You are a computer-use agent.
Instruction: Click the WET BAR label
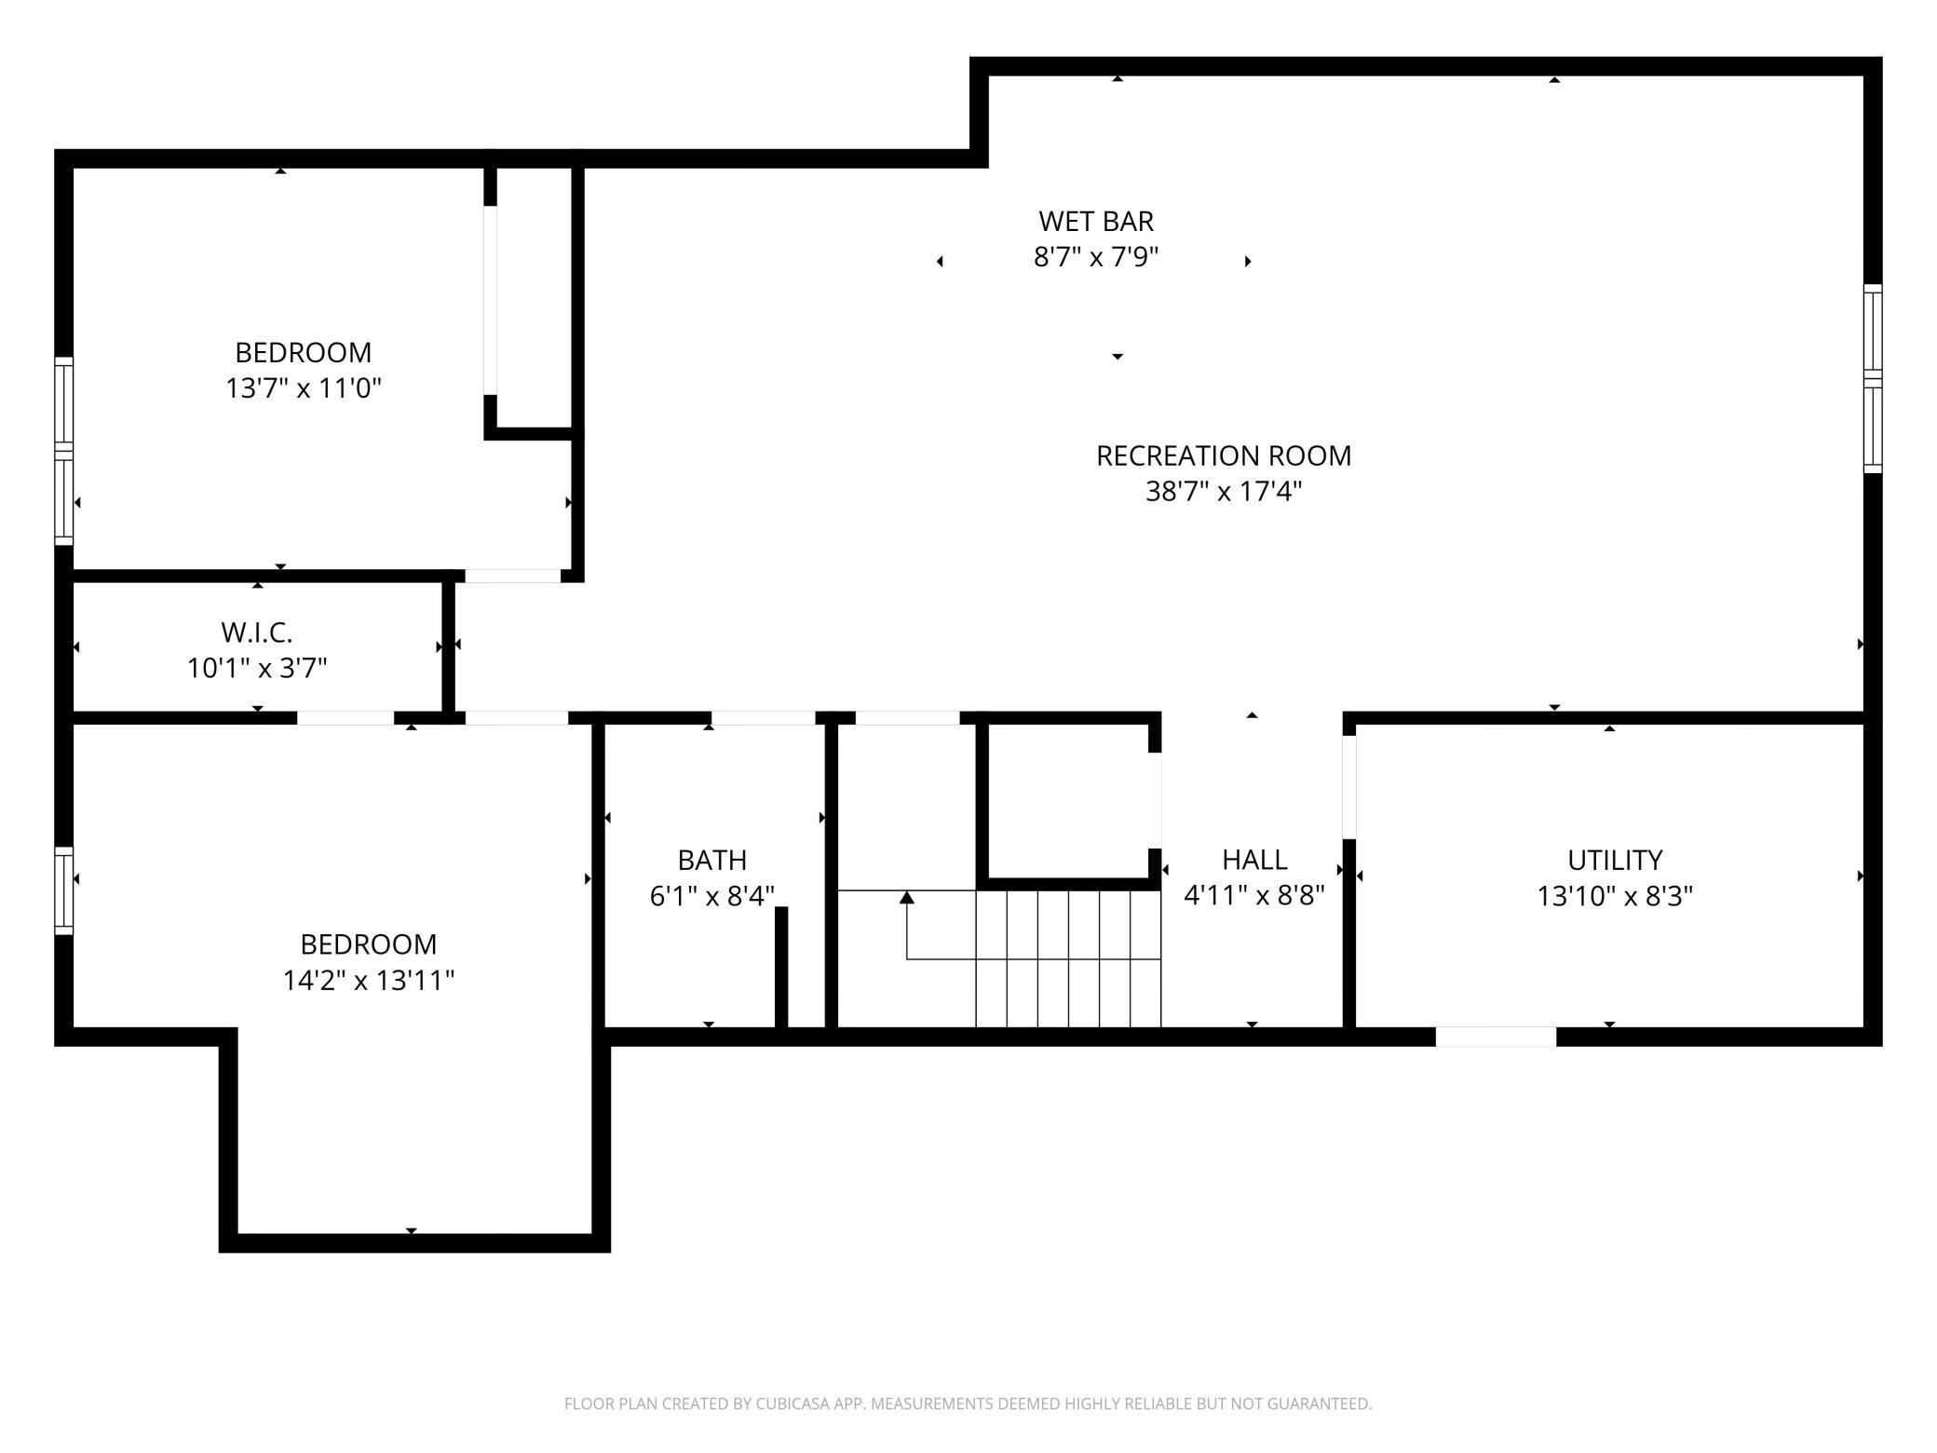pyautogui.click(x=1095, y=222)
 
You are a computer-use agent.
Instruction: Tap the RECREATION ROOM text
pyautogui.click(x=1223, y=455)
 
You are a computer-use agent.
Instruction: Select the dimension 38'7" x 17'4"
pyautogui.click(x=1223, y=491)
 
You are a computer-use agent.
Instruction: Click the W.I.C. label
pyautogui.click(x=257, y=632)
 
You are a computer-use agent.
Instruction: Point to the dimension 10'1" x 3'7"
pyautogui.click(x=257, y=668)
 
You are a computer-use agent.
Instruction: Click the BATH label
pyautogui.click(x=711, y=860)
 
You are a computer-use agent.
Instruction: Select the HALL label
pyautogui.click(x=1253, y=860)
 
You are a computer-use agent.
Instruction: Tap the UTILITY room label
pyautogui.click(x=1614, y=860)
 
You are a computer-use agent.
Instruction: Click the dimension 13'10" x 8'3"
pyautogui.click(x=1614, y=896)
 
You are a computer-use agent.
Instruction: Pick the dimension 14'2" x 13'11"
pyautogui.click(x=369, y=980)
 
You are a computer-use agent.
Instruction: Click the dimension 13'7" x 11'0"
pyautogui.click(x=304, y=387)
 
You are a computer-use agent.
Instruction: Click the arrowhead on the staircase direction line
pyautogui.click(x=906, y=898)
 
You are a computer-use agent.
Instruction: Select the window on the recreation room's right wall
pyautogui.click(x=1872, y=378)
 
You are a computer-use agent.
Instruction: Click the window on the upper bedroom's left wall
pyautogui.click(x=63, y=452)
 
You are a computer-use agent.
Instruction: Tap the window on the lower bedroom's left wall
pyautogui.click(x=63, y=890)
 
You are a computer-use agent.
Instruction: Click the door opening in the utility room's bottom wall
pyautogui.click(x=1495, y=1037)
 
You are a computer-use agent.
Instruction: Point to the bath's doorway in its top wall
pyautogui.click(x=763, y=718)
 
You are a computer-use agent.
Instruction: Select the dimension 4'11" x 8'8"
pyautogui.click(x=1253, y=896)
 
